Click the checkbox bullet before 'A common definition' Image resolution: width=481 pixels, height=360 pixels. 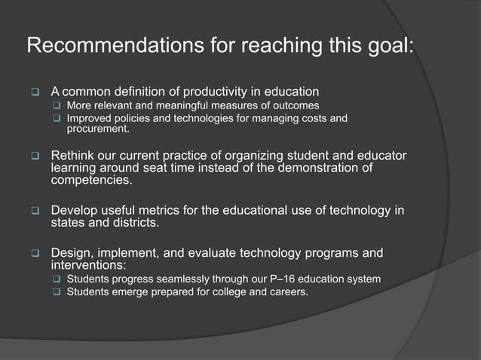tap(34, 92)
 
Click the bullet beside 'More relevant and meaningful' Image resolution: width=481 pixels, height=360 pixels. tap(56, 105)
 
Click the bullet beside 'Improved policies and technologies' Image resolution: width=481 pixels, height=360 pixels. tap(56, 119)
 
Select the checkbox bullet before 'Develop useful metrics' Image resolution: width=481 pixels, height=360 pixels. tap(34, 210)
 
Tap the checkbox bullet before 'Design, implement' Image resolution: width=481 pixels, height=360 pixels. tap(34, 252)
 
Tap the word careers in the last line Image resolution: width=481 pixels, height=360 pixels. tap(287, 292)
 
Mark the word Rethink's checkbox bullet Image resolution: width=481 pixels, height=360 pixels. tap(34, 157)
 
